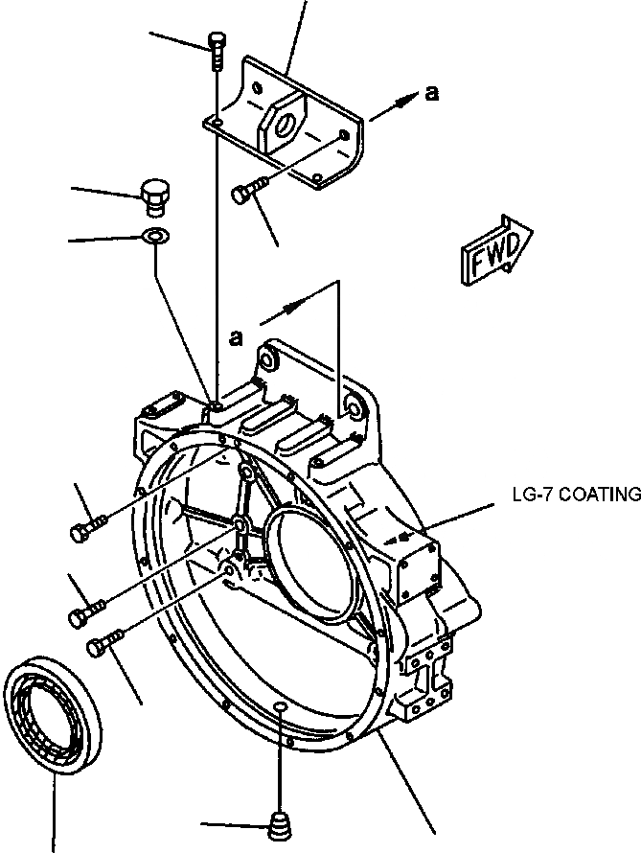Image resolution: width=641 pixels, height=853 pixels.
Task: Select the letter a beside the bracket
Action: click(x=432, y=92)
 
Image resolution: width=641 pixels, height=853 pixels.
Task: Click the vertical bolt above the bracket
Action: click(x=217, y=50)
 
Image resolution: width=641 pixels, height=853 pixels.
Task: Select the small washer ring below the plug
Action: click(x=153, y=237)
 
